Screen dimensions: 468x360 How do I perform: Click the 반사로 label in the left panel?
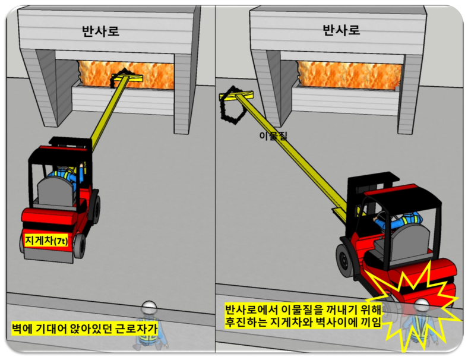pos(100,31)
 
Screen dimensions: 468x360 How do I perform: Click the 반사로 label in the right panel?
pos(341,30)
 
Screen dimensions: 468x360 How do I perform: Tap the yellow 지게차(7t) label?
pos(46,240)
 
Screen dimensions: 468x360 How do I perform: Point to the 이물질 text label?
pos(273,136)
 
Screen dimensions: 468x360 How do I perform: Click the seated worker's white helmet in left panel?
pos(149,307)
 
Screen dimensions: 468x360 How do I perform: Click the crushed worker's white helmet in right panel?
pos(421,305)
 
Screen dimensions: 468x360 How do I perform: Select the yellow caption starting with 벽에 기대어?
pos(84,329)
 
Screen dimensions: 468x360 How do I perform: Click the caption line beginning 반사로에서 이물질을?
pos(303,310)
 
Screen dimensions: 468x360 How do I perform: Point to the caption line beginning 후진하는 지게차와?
pos(303,323)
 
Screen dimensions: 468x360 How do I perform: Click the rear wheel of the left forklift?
pos(80,246)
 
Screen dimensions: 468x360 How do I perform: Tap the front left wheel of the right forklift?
pos(347,260)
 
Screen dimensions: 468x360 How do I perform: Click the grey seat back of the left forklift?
pos(56,191)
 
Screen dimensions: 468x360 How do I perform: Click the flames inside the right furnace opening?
pos(350,75)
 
